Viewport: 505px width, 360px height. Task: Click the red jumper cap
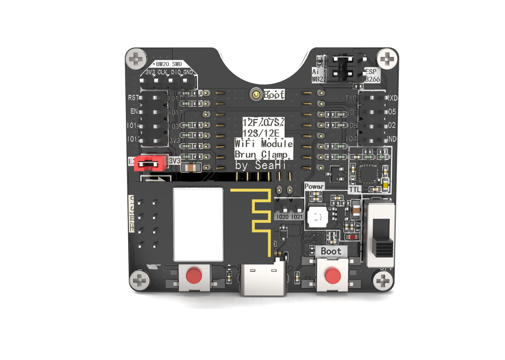149,162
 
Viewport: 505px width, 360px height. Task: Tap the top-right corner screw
387,60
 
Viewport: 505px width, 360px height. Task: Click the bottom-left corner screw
140,281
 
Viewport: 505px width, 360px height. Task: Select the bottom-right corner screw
383,281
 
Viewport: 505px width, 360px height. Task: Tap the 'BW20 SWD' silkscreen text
169,64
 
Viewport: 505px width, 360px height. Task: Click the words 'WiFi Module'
264,143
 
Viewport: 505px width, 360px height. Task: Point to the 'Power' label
314,186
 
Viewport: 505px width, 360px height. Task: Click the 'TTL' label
355,189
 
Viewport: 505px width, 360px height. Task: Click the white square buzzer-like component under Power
317,217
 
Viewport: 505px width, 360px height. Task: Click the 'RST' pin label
133,97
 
